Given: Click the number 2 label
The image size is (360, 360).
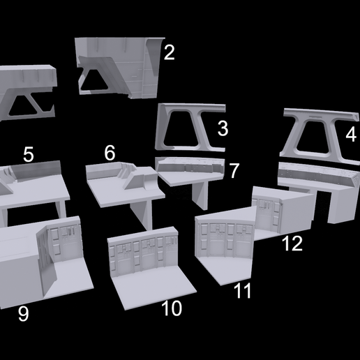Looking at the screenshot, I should pyautogui.click(x=169, y=52).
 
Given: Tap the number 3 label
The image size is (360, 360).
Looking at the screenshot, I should pyautogui.click(x=223, y=128).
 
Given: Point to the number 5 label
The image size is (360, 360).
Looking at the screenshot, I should pyautogui.click(x=28, y=154).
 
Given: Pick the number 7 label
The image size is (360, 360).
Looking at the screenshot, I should pyautogui.click(x=234, y=170).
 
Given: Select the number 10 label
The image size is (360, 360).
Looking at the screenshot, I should pyautogui.click(x=171, y=308).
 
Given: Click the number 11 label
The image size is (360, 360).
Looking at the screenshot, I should pyautogui.click(x=242, y=291).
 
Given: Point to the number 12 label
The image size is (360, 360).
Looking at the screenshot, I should pyautogui.click(x=292, y=243).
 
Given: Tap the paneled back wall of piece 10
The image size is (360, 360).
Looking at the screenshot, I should pyautogui.click(x=144, y=253).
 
